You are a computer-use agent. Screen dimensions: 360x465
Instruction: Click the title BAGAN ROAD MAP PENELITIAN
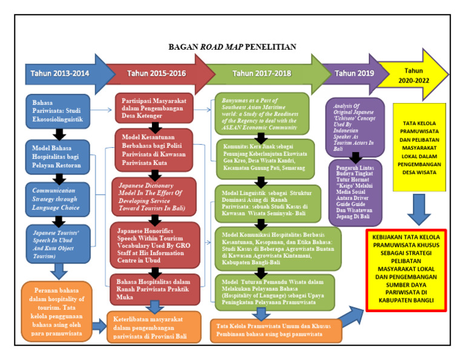click(x=232, y=47)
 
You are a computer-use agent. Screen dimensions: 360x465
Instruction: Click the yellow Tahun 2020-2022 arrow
click(x=418, y=74)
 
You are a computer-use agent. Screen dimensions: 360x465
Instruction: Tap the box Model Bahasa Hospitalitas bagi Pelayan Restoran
click(x=58, y=157)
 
